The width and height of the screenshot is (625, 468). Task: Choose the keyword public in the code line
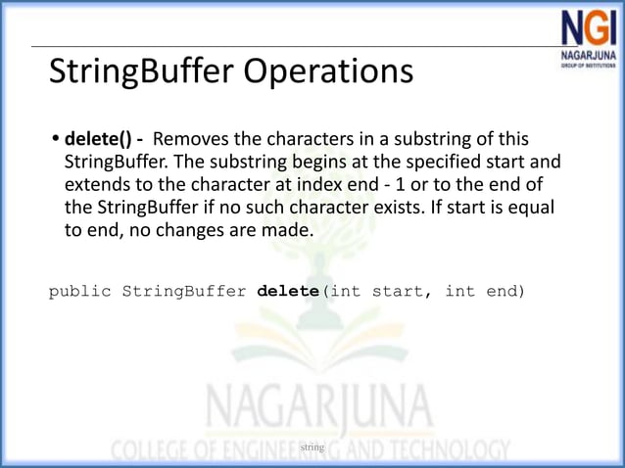pyautogui.click(x=80, y=291)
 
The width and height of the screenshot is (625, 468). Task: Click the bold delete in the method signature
pyautogui.click(x=288, y=291)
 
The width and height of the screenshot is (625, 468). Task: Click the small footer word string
pyautogui.click(x=312, y=446)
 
